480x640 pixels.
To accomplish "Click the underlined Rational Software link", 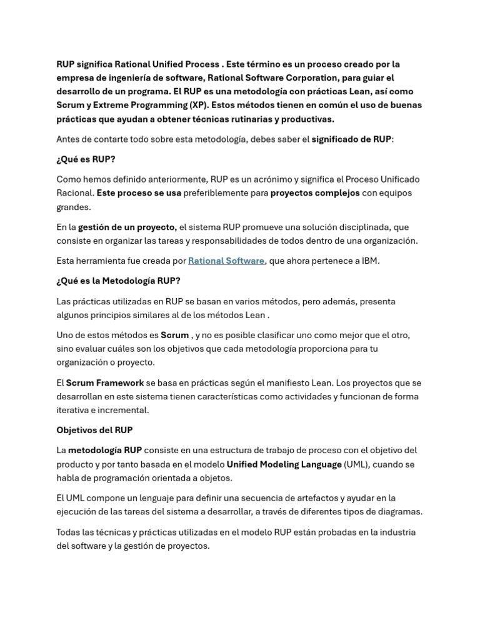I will pyautogui.click(x=226, y=261).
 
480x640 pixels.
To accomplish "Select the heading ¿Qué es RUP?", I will pyautogui.click(x=86, y=159).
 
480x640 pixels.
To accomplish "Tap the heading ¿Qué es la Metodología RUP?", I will pyautogui.click(x=118, y=281).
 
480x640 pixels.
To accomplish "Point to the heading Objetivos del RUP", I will pyautogui.click(x=94, y=430).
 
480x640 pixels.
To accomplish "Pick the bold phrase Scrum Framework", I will pyautogui.click(x=104, y=382).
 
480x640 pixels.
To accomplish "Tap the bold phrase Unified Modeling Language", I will pyautogui.click(x=284, y=464).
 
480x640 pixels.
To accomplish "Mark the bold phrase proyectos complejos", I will pyautogui.click(x=315, y=193).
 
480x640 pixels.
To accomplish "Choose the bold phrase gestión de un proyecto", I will pyautogui.click(x=127, y=227).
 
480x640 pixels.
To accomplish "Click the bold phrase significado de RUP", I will pyautogui.click(x=351, y=139).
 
